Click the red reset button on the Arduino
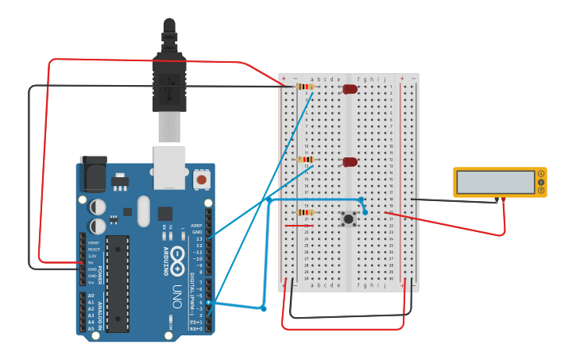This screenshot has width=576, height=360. click(x=202, y=180)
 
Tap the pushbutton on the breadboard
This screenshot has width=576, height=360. click(x=348, y=219)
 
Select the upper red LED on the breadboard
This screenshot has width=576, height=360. click(x=350, y=89)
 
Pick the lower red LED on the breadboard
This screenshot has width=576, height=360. click(x=350, y=162)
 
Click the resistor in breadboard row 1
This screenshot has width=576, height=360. click(x=304, y=87)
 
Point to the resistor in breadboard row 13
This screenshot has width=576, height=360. click(x=304, y=160)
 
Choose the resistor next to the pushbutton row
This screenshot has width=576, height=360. click(x=304, y=212)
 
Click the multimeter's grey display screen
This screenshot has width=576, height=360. click(x=496, y=182)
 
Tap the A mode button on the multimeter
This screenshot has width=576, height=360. click(x=542, y=174)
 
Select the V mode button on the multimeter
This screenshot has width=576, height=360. click(x=542, y=183)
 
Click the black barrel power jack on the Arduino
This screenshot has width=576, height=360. click(x=94, y=175)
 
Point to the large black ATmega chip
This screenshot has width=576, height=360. click(x=117, y=283)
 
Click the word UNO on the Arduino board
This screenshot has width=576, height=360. click(x=176, y=295)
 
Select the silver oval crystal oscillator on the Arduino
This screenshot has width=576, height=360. click(x=143, y=211)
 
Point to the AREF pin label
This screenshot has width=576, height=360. click(x=196, y=225)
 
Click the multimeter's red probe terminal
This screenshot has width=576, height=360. click(x=504, y=199)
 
